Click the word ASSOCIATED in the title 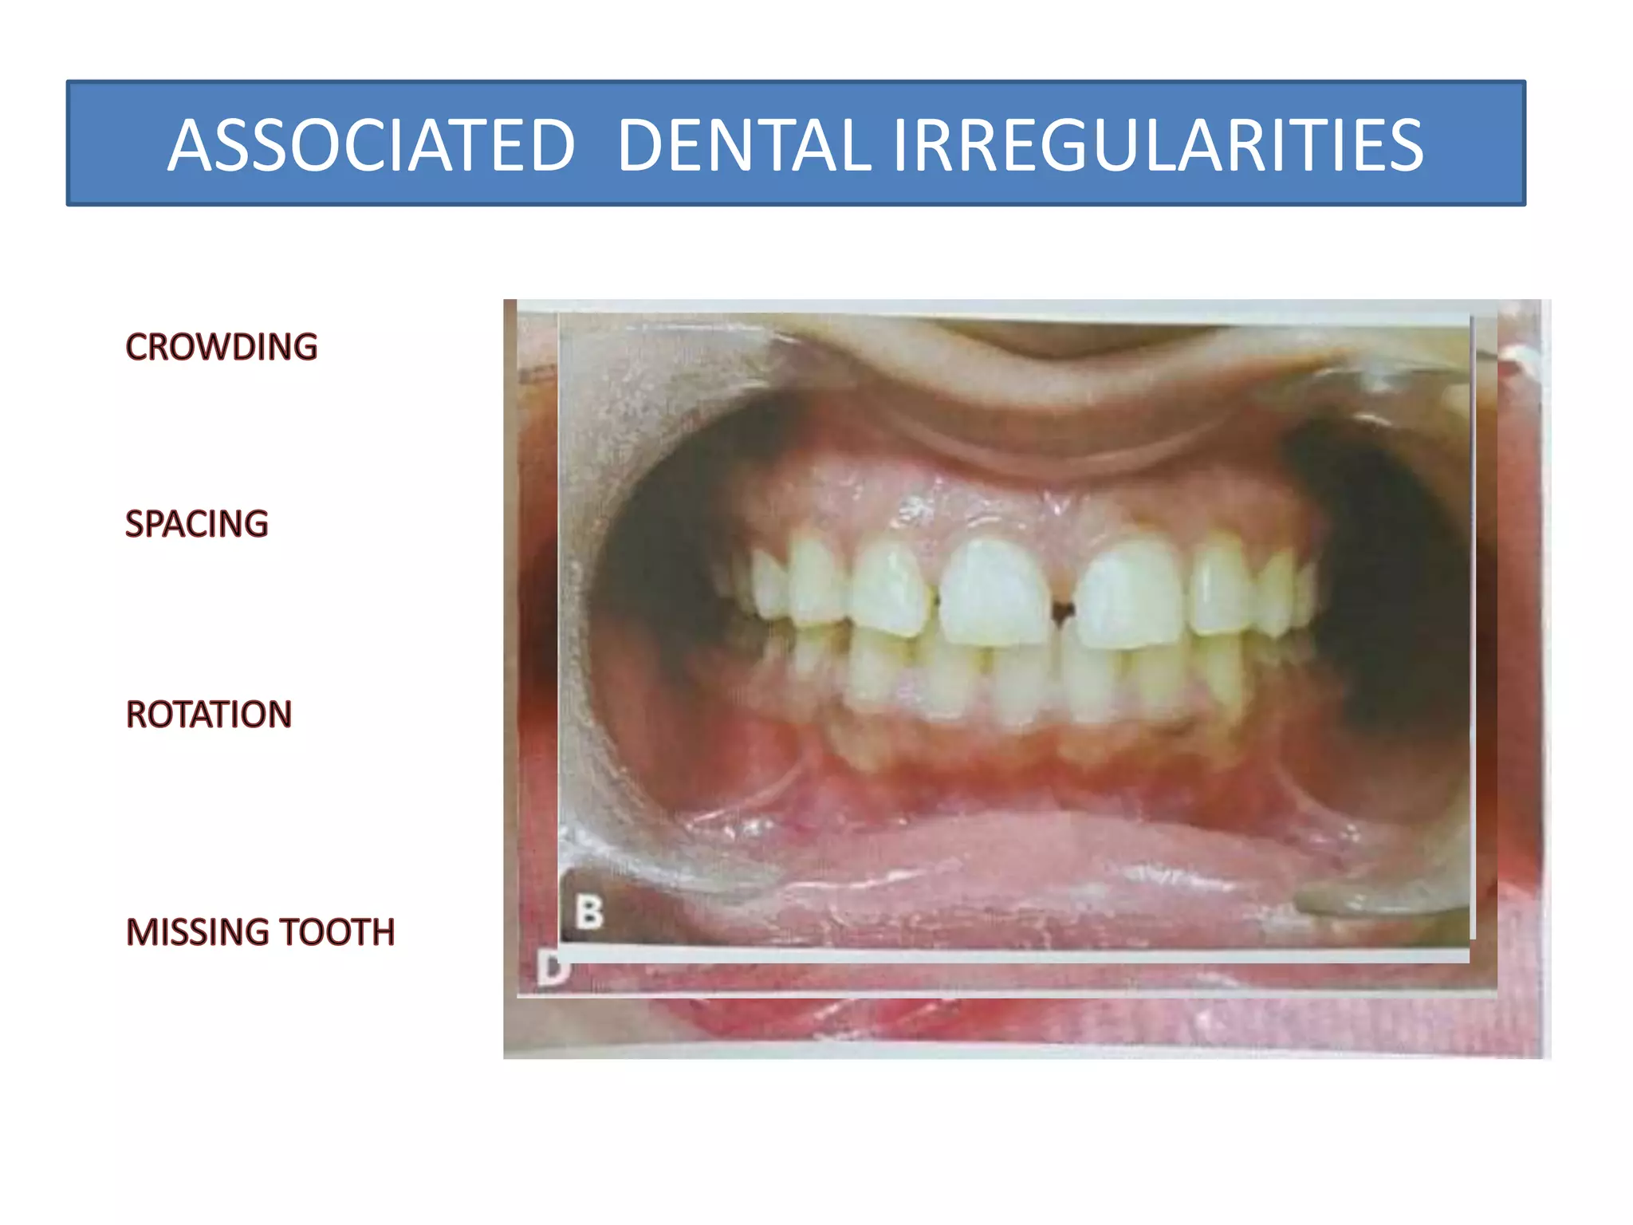pos(371,146)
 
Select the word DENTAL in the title pos(743,146)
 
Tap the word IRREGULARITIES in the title pos(1157,146)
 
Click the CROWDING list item pos(222,348)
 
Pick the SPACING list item pos(197,525)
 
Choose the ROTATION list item pos(209,715)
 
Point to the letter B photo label pos(589,912)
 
